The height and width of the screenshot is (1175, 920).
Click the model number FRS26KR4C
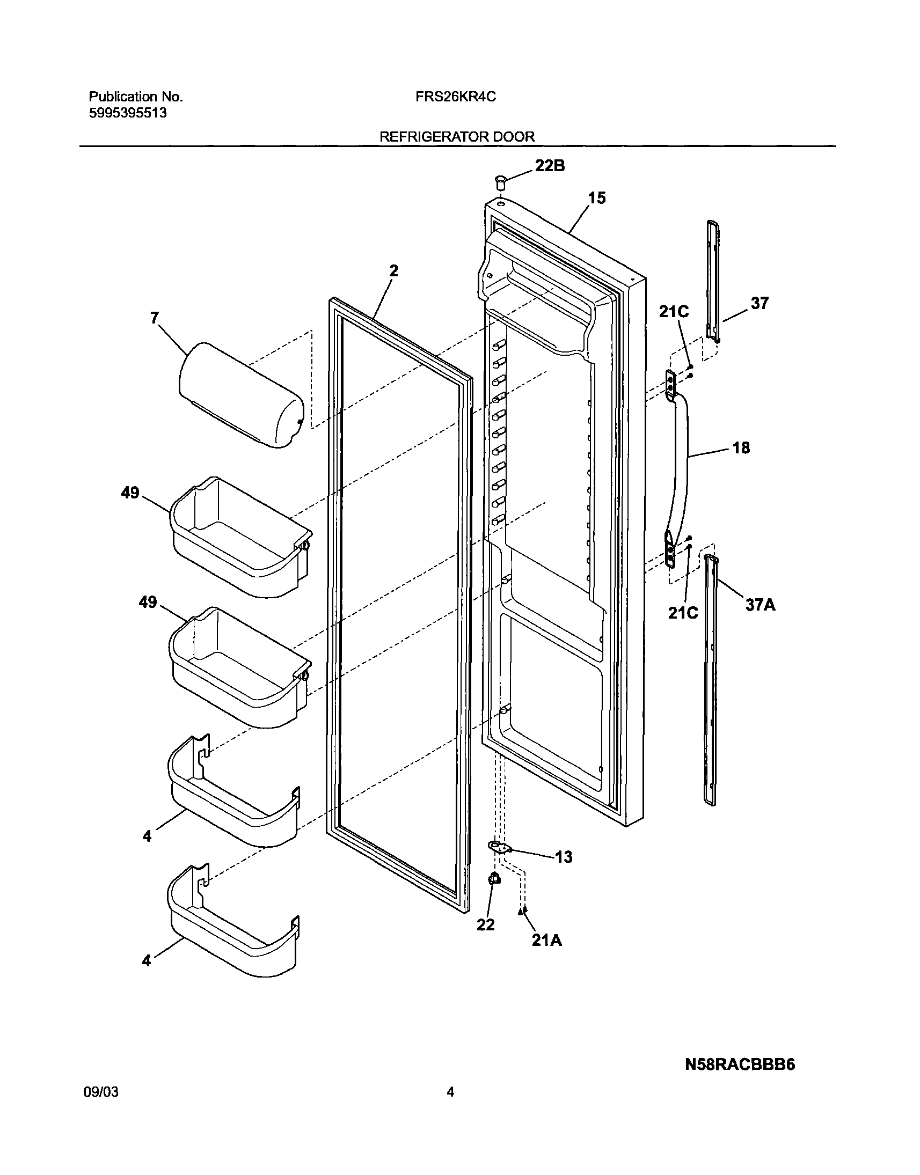[456, 97]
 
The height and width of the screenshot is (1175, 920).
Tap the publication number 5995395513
[127, 113]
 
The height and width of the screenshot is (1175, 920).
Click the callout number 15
[597, 198]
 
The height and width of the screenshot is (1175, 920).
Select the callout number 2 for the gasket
[394, 271]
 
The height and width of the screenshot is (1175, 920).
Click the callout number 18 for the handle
[741, 448]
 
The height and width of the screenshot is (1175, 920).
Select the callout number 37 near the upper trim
[760, 304]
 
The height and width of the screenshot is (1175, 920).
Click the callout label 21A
[547, 941]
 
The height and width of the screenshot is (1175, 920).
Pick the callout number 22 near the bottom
[485, 924]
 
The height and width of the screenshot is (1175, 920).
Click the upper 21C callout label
[674, 312]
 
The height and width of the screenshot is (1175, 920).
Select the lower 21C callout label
[683, 613]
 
